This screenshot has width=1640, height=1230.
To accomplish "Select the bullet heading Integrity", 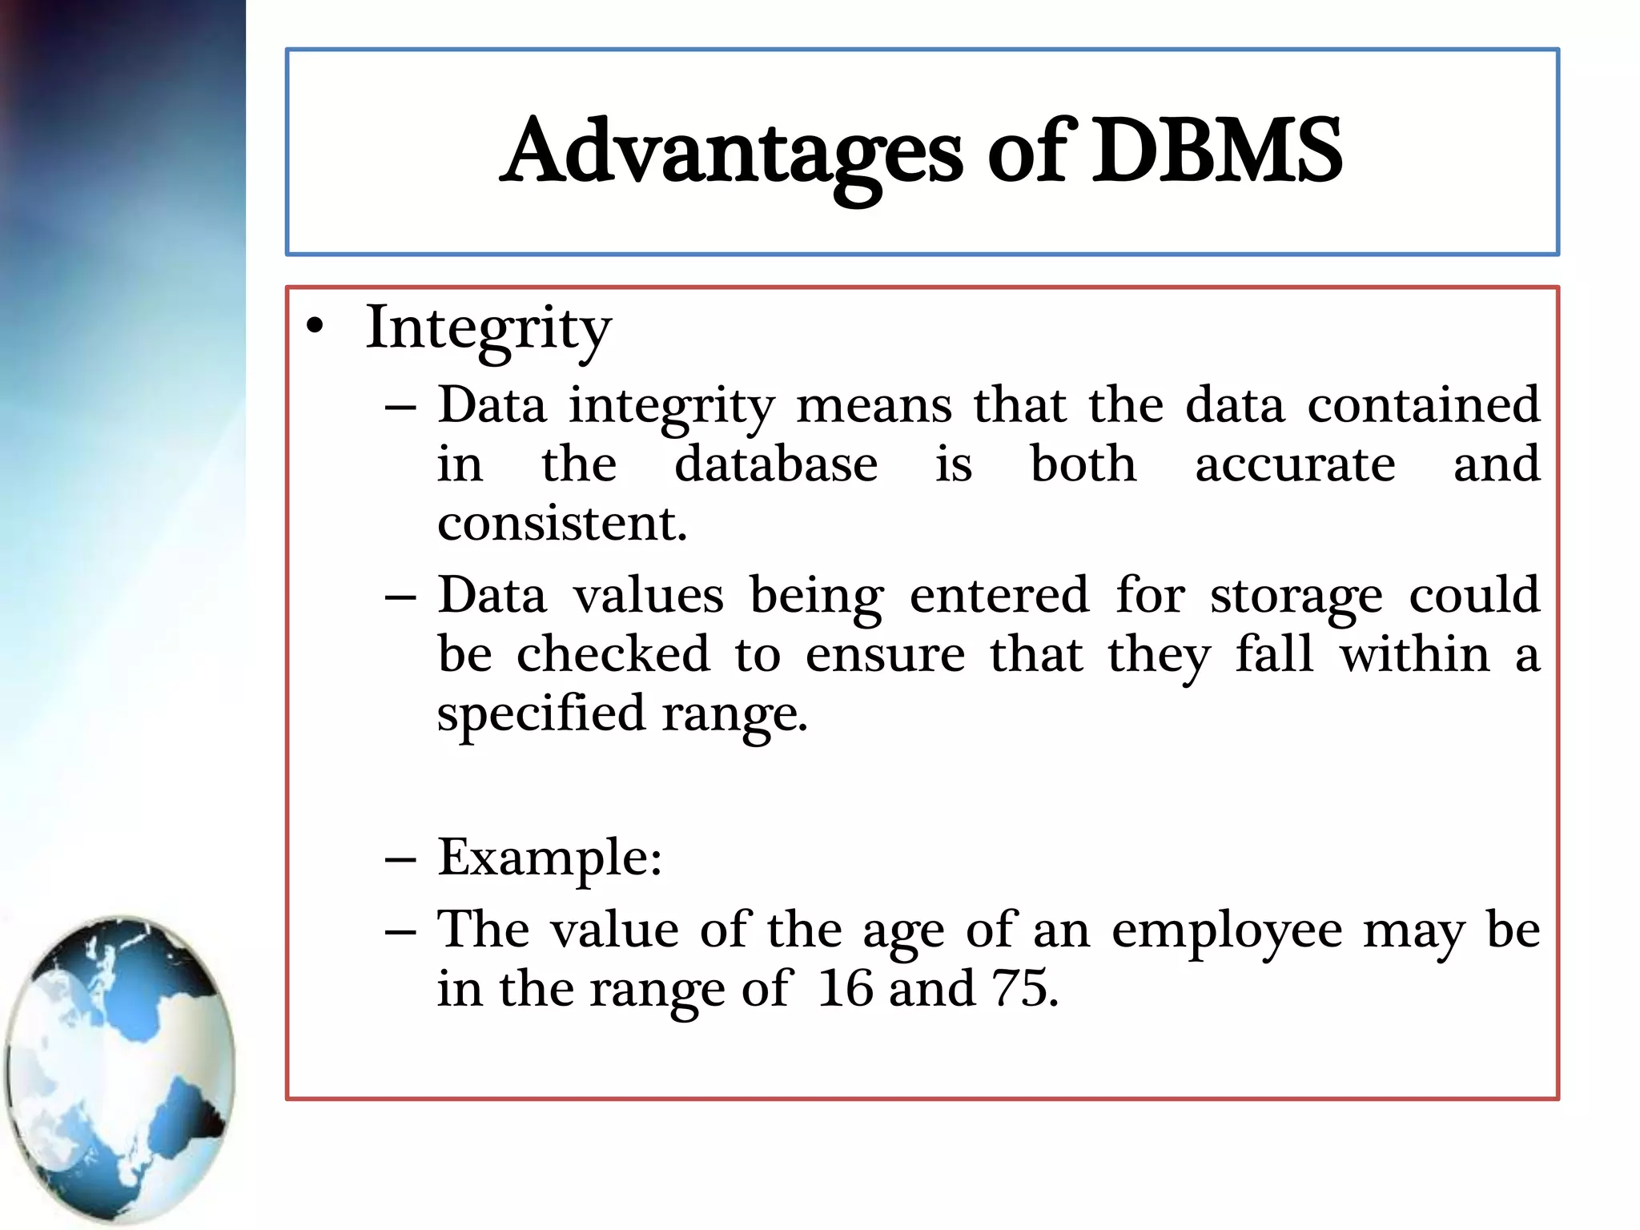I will point(488,329).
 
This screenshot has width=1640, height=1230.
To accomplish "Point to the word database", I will point(776,464).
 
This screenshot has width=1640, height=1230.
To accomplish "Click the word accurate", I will point(1295,464).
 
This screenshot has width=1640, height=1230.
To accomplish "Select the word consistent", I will point(561,524).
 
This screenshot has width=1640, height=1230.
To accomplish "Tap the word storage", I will point(1296,597).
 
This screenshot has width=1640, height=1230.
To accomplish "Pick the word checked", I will point(613,655).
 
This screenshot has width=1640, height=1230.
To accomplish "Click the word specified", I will point(541,713).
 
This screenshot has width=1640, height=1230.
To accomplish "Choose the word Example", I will point(549,858).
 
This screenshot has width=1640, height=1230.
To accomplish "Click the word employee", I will point(1227,931).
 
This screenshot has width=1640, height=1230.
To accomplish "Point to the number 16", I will point(845,989).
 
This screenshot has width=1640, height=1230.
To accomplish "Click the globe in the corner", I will point(120,1069).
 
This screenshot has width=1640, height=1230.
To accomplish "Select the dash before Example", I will point(400,859).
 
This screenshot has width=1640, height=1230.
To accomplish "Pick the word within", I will point(1415,655).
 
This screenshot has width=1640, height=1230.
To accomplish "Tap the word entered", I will point(999,597).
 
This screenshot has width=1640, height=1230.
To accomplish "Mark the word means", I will point(874,405).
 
